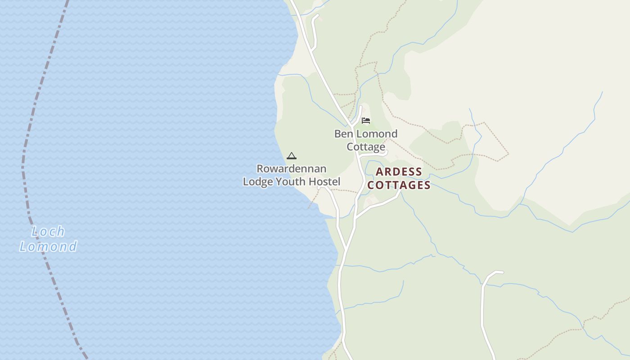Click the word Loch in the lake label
pos(48,232)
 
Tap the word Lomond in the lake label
pos(48,247)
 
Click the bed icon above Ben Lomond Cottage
pos(366,121)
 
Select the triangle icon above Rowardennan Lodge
pos(292,156)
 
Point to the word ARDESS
pos(399,172)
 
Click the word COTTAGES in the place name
pos(399,185)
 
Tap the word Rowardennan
pos(292,169)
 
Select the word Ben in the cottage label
pos(343,134)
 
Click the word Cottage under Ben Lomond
pos(366,147)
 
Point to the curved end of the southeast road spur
pos(498,272)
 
